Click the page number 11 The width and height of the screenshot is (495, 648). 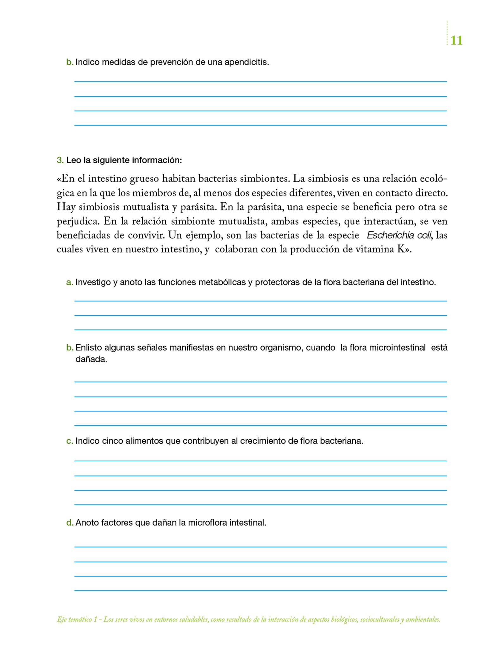[x=456, y=40]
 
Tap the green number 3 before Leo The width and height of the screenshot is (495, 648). [x=60, y=160]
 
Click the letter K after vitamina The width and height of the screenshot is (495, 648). [x=400, y=250]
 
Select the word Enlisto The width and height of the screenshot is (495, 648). [x=89, y=348]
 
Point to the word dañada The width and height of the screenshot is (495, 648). [x=91, y=359]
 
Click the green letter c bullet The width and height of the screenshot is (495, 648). [x=69, y=441]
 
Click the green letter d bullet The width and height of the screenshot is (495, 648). [x=69, y=523]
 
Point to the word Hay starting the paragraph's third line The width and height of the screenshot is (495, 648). [x=66, y=207]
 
